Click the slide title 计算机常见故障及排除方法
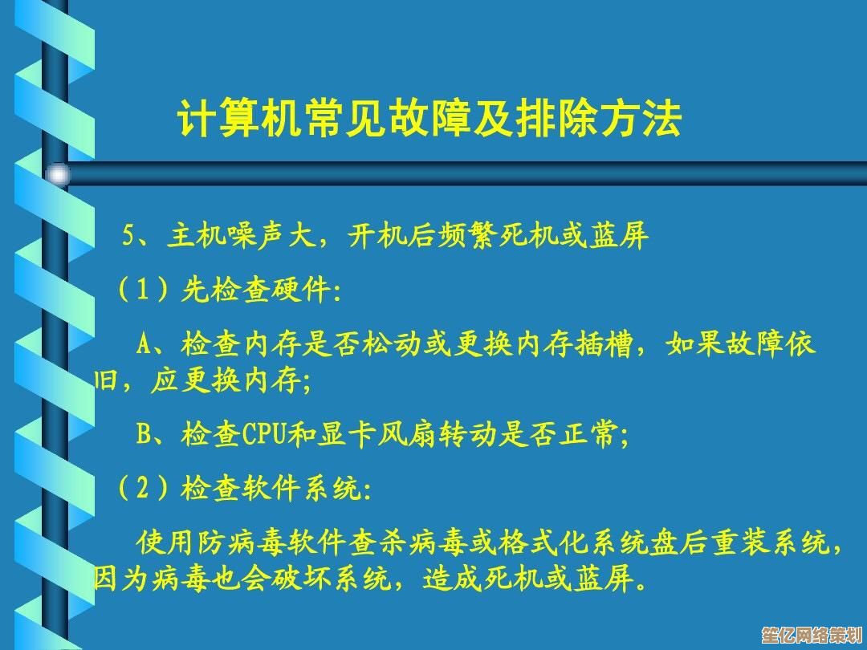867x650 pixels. click(429, 118)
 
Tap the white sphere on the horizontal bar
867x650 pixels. click(58, 175)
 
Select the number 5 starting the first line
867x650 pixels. click(128, 236)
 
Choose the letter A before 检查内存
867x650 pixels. click(144, 345)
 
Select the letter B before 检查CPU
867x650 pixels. click(144, 434)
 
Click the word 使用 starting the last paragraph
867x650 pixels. click(166, 542)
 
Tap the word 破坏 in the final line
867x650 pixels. click(302, 579)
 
